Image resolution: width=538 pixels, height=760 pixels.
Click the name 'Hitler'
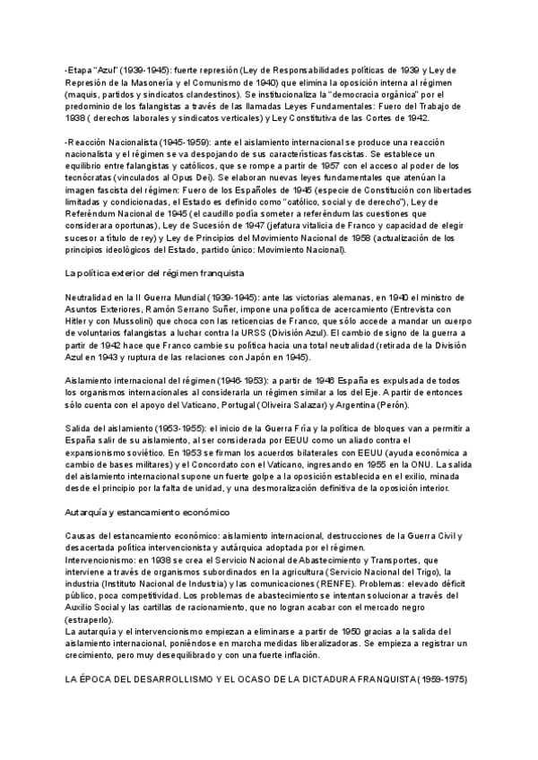pyautogui.click(x=80, y=320)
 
